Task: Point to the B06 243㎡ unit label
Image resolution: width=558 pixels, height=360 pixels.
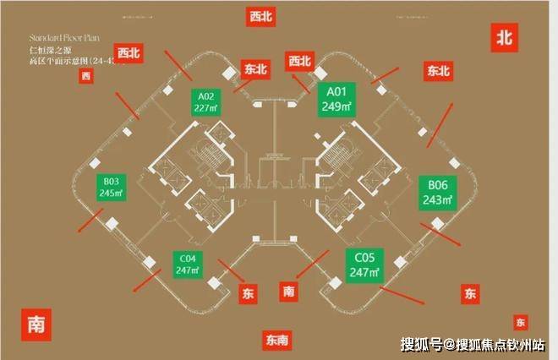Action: coord(437,193)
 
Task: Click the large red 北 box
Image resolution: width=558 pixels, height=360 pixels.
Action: coord(506,36)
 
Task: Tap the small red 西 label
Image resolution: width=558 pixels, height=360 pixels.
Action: coord(85,78)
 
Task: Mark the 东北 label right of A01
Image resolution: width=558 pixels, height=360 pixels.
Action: coord(438,71)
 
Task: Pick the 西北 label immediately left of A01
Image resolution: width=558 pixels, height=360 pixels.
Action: coord(300,61)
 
